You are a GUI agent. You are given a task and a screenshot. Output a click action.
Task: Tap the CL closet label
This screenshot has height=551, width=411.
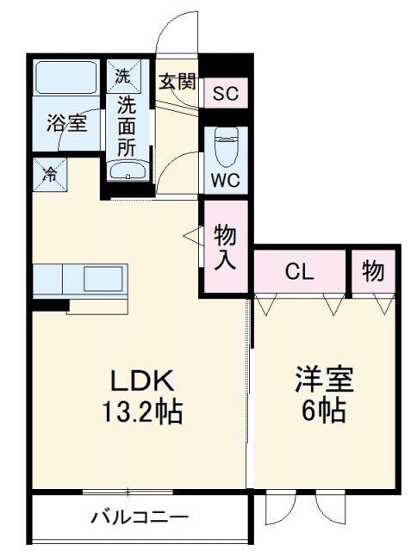coord(300,273)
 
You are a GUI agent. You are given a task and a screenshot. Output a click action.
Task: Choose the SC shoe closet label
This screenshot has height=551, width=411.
coord(227,92)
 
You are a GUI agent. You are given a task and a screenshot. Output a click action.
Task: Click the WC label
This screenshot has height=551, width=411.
coord(226,182)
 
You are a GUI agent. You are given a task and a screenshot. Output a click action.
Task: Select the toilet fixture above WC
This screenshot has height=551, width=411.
coord(226,145)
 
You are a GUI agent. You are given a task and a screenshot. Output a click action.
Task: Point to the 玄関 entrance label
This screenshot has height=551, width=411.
coord(177,83)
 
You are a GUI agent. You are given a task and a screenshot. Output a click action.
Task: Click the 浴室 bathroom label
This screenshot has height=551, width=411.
coord(66,123)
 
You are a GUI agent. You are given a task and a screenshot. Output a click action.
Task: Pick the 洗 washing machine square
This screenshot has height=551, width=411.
coord(123,75)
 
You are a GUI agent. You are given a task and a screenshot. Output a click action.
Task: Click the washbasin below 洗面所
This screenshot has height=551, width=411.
coord(128,170)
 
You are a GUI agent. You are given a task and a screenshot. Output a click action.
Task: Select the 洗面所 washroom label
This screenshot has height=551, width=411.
coord(127,125)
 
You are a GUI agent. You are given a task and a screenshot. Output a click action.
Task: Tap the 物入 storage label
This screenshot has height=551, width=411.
coord(226,248)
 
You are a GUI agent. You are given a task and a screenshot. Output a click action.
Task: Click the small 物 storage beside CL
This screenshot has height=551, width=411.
coord(373,272)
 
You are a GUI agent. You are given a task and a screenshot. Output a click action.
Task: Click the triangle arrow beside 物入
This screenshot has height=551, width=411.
coord(190,233)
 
